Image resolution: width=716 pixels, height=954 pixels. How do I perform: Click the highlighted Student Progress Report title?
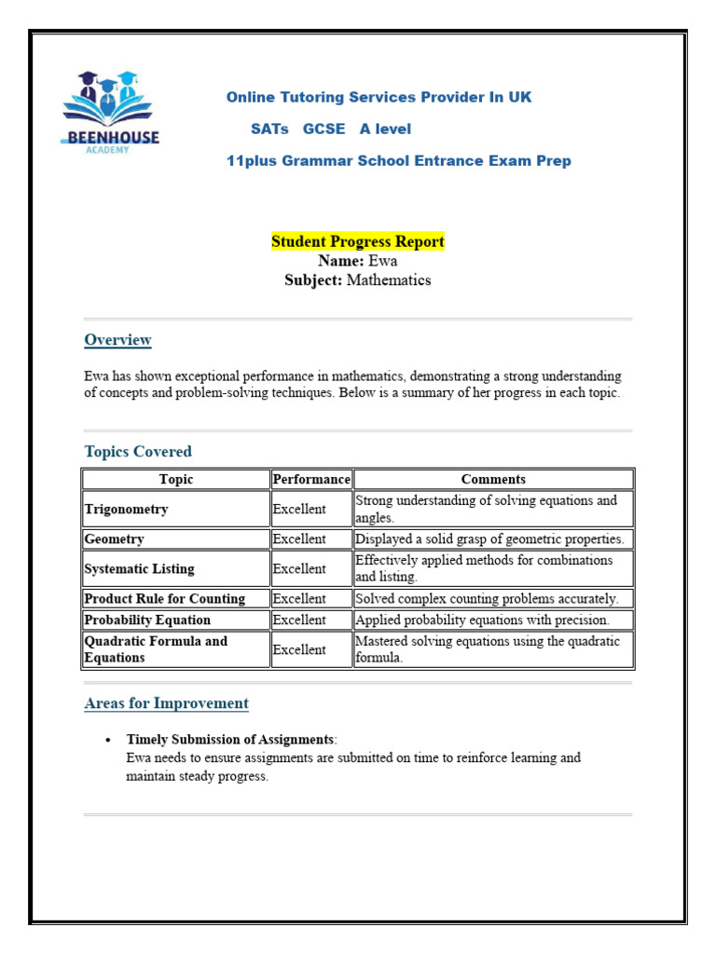pos(358,241)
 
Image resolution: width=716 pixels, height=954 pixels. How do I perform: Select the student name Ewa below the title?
pos(382,261)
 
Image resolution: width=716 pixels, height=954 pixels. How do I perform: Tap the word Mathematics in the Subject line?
pos(389,280)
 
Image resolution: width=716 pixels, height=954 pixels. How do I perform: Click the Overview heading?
pos(117,340)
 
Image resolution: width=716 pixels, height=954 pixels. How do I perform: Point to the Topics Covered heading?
pos(138,452)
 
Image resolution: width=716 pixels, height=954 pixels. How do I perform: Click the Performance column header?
pos(311,479)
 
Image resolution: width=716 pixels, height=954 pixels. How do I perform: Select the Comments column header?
pos(493,479)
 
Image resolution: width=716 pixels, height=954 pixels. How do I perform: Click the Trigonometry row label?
pos(127,510)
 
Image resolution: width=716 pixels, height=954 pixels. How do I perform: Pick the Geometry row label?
pos(115,539)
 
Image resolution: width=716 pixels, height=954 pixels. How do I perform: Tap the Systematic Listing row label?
pos(140,569)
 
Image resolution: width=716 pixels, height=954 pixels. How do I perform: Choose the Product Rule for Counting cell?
pos(165,599)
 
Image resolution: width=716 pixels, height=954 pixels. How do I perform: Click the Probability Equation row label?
pos(147,620)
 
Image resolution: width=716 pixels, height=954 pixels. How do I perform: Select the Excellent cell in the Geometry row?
pos(299,539)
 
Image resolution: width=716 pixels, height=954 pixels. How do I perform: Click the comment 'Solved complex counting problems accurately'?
pos(486,599)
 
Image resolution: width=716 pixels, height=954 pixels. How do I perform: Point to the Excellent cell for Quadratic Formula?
pos(299,649)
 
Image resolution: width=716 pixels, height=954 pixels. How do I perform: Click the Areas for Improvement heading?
pos(166,703)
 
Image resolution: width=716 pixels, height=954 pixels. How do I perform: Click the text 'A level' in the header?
pos(385,129)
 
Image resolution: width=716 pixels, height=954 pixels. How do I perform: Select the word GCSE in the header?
pos(324,129)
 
